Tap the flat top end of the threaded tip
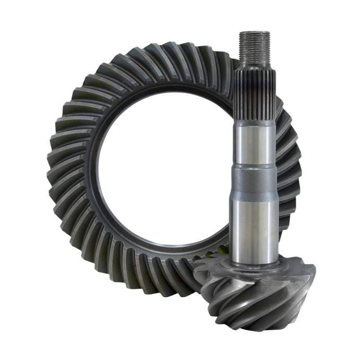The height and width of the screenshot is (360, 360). click(x=255, y=32)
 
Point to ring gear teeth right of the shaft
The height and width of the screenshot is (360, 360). click(x=290, y=167)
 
